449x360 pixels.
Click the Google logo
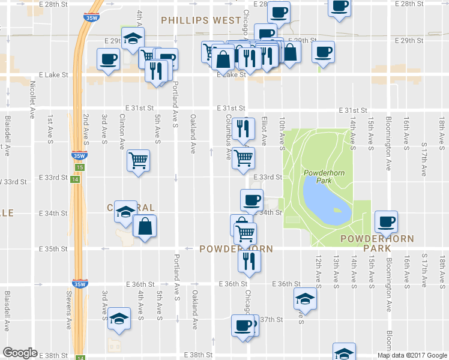point(20,353)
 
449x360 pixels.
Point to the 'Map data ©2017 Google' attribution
point(412,355)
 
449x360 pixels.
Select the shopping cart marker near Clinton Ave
point(138,160)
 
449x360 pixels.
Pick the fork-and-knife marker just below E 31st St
point(243,128)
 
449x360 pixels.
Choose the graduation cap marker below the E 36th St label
point(305,298)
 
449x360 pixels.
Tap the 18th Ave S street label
point(442,270)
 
